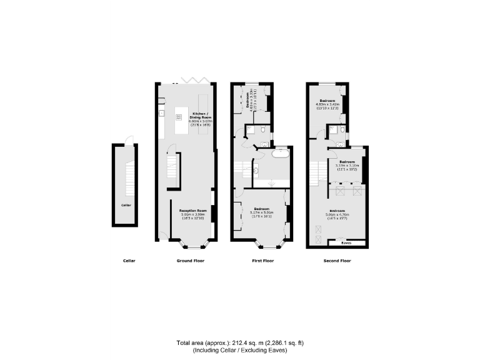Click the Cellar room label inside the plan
pyautogui.click(x=126, y=204)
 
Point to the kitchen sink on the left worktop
pyautogui.click(x=161, y=114)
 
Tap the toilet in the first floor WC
pyautogui.click(x=264, y=129)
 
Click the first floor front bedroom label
pyautogui.click(x=262, y=211)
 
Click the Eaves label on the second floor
pyautogui.click(x=345, y=242)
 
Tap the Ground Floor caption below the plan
pyautogui.click(x=187, y=260)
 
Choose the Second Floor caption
pyautogui.click(x=337, y=260)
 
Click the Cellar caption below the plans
pyautogui.click(x=129, y=260)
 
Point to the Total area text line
pyautogui.click(x=239, y=343)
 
